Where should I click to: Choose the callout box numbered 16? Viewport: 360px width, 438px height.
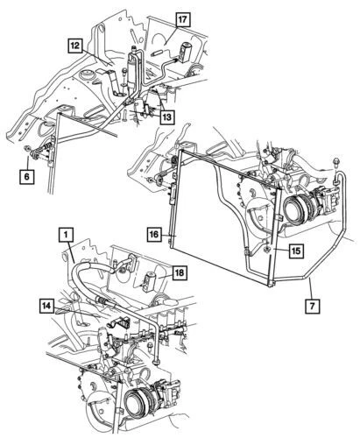coord(153,235)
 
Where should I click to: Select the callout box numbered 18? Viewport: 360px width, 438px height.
coord(179,273)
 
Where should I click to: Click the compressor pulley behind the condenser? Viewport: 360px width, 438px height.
coord(297,213)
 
